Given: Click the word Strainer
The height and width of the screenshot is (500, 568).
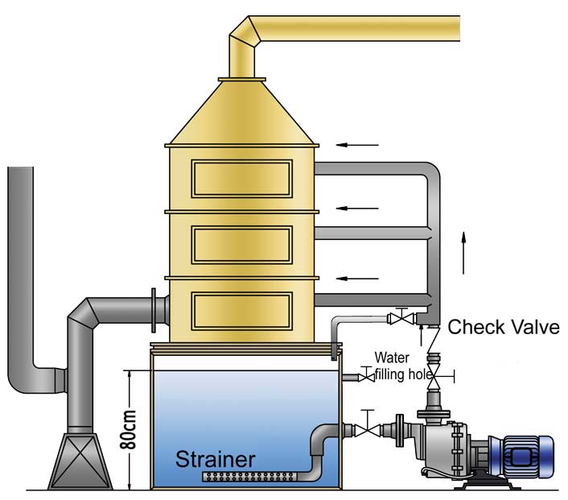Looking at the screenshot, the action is [x=215, y=459].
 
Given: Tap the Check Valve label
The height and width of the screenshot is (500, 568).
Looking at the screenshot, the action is [x=504, y=327].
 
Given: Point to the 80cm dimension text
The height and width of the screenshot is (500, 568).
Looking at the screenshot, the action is [x=129, y=430].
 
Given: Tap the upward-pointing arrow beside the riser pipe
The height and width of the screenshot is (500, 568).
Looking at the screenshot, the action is [x=463, y=253].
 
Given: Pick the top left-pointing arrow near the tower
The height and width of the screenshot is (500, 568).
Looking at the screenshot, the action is [x=357, y=145].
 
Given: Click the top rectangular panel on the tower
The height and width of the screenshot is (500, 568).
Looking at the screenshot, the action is [x=242, y=179].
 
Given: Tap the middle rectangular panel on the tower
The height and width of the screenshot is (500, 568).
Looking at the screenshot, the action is [x=242, y=245].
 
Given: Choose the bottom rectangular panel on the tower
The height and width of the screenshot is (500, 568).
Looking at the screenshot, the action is [x=242, y=311].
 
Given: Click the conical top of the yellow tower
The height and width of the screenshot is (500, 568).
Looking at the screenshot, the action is [x=242, y=113].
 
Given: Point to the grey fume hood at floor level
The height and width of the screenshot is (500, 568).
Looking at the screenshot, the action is [x=80, y=461].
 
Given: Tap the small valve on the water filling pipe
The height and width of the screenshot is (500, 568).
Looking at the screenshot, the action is [x=366, y=376].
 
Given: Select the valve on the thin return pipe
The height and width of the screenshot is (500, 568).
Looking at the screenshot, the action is [x=401, y=317].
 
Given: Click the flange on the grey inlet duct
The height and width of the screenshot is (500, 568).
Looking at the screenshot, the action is [x=154, y=310].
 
